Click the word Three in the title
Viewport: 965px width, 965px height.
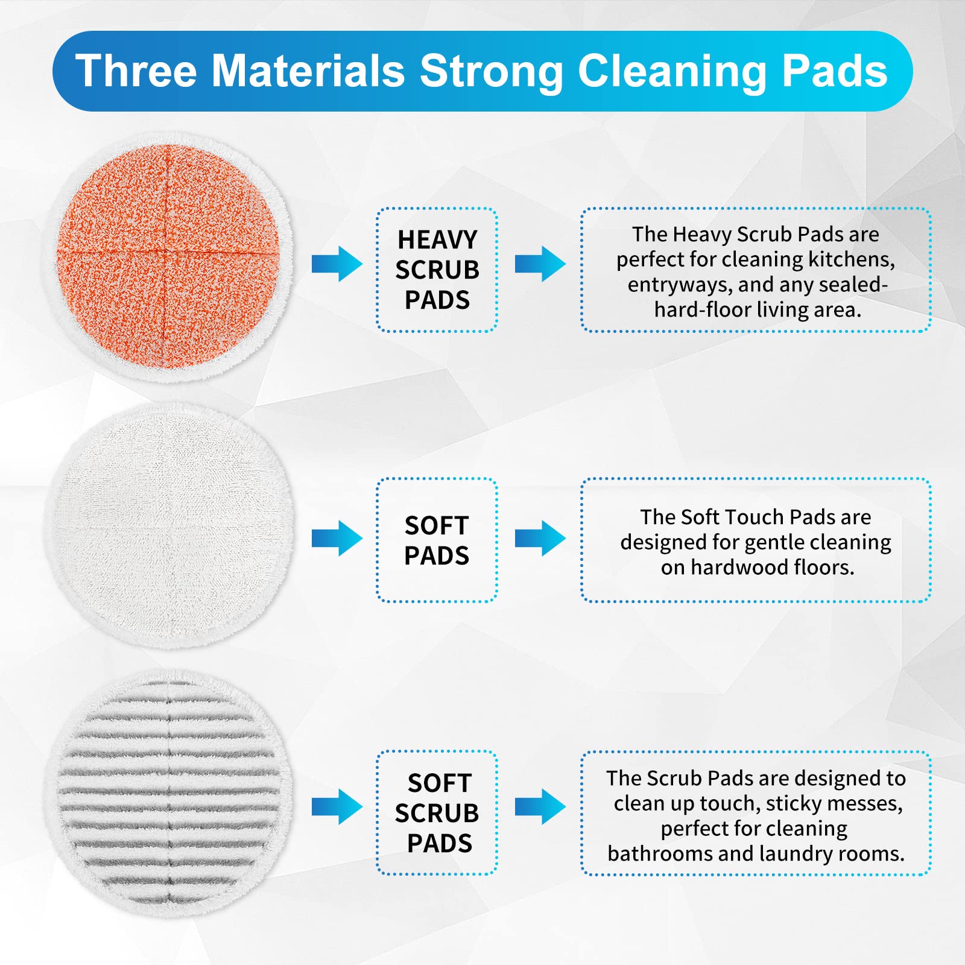(136, 71)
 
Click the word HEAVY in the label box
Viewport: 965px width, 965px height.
(437, 239)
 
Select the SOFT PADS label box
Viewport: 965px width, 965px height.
(437, 540)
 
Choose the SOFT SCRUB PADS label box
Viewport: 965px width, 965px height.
(437, 812)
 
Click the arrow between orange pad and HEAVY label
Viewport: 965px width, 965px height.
(337, 264)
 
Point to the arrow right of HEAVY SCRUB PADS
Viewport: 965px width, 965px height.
(540, 264)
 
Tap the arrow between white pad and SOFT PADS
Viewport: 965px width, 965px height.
(337, 537)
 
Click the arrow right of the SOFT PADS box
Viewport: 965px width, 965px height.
(540, 537)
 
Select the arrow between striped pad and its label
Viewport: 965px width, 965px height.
(337, 806)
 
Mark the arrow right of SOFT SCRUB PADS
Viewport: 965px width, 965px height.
(540, 806)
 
